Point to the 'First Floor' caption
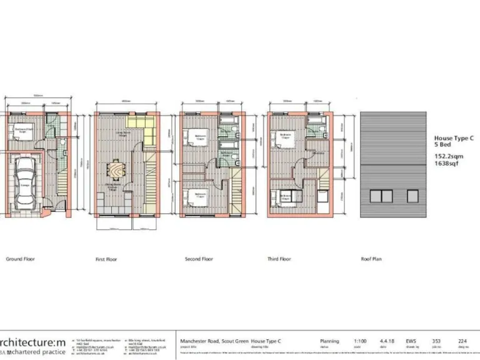[106, 259]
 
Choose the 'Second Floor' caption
[199, 259]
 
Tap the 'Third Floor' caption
[279, 259]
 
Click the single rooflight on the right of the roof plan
[412, 196]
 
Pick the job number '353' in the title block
[436, 341]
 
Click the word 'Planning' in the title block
[329, 341]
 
